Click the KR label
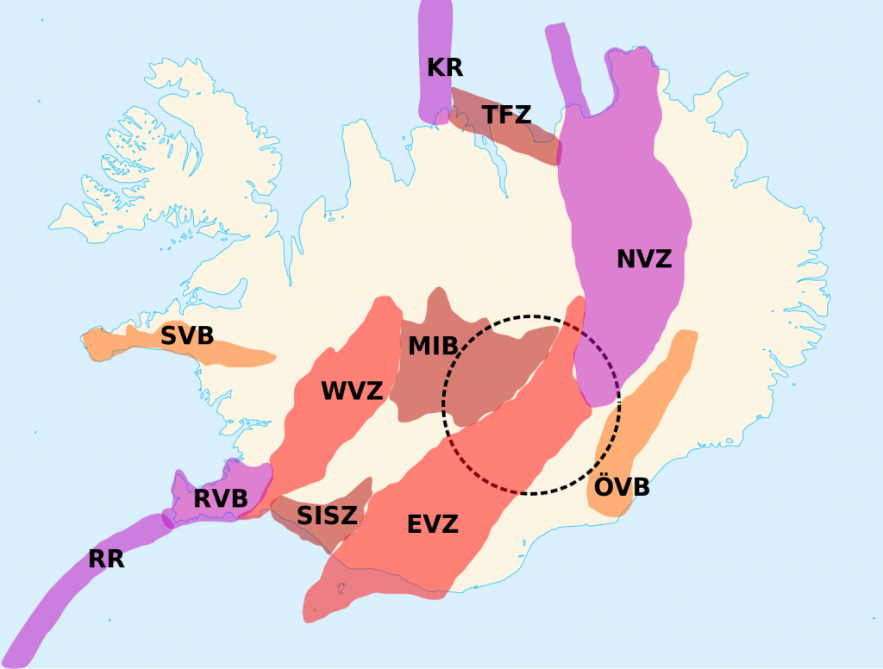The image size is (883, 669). (445, 66)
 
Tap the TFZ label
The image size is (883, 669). (506, 114)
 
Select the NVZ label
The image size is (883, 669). (643, 258)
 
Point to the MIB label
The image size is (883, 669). (433, 346)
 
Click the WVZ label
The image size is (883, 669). (351, 391)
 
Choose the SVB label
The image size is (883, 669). (187, 335)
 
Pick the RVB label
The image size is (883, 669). (221, 498)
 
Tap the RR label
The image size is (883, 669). (106, 559)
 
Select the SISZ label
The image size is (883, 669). (327, 516)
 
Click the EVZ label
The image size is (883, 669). (432, 523)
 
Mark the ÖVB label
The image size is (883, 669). (621, 487)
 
